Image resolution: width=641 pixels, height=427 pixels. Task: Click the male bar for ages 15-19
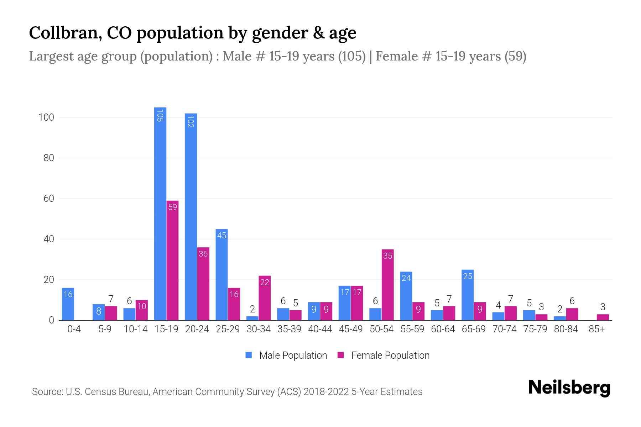click(x=160, y=213)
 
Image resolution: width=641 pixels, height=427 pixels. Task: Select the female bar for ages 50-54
click(x=387, y=285)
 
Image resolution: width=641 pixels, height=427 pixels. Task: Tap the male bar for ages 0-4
click(x=68, y=304)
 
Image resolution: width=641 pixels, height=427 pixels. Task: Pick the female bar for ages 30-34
click(x=265, y=298)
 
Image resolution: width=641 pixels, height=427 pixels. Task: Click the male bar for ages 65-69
click(x=467, y=295)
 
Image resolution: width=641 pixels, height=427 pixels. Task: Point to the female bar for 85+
click(x=603, y=317)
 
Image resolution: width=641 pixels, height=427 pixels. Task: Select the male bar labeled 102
click(x=191, y=217)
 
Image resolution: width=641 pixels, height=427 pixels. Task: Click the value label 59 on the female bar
click(x=172, y=207)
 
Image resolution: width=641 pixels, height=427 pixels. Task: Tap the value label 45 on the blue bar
click(x=222, y=235)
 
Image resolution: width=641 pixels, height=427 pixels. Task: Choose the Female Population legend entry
click(x=384, y=355)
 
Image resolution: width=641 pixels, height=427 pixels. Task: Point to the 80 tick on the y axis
click(x=49, y=158)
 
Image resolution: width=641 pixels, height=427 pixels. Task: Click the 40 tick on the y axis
click(x=49, y=239)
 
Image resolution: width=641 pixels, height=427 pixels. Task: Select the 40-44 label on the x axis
click(x=320, y=329)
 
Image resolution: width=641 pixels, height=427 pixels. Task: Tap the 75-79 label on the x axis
click(x=535, y=329)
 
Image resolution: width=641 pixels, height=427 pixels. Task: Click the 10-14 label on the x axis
click(x=135, y=329)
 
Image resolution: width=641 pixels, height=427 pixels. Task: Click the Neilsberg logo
click(x=569, y=388)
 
